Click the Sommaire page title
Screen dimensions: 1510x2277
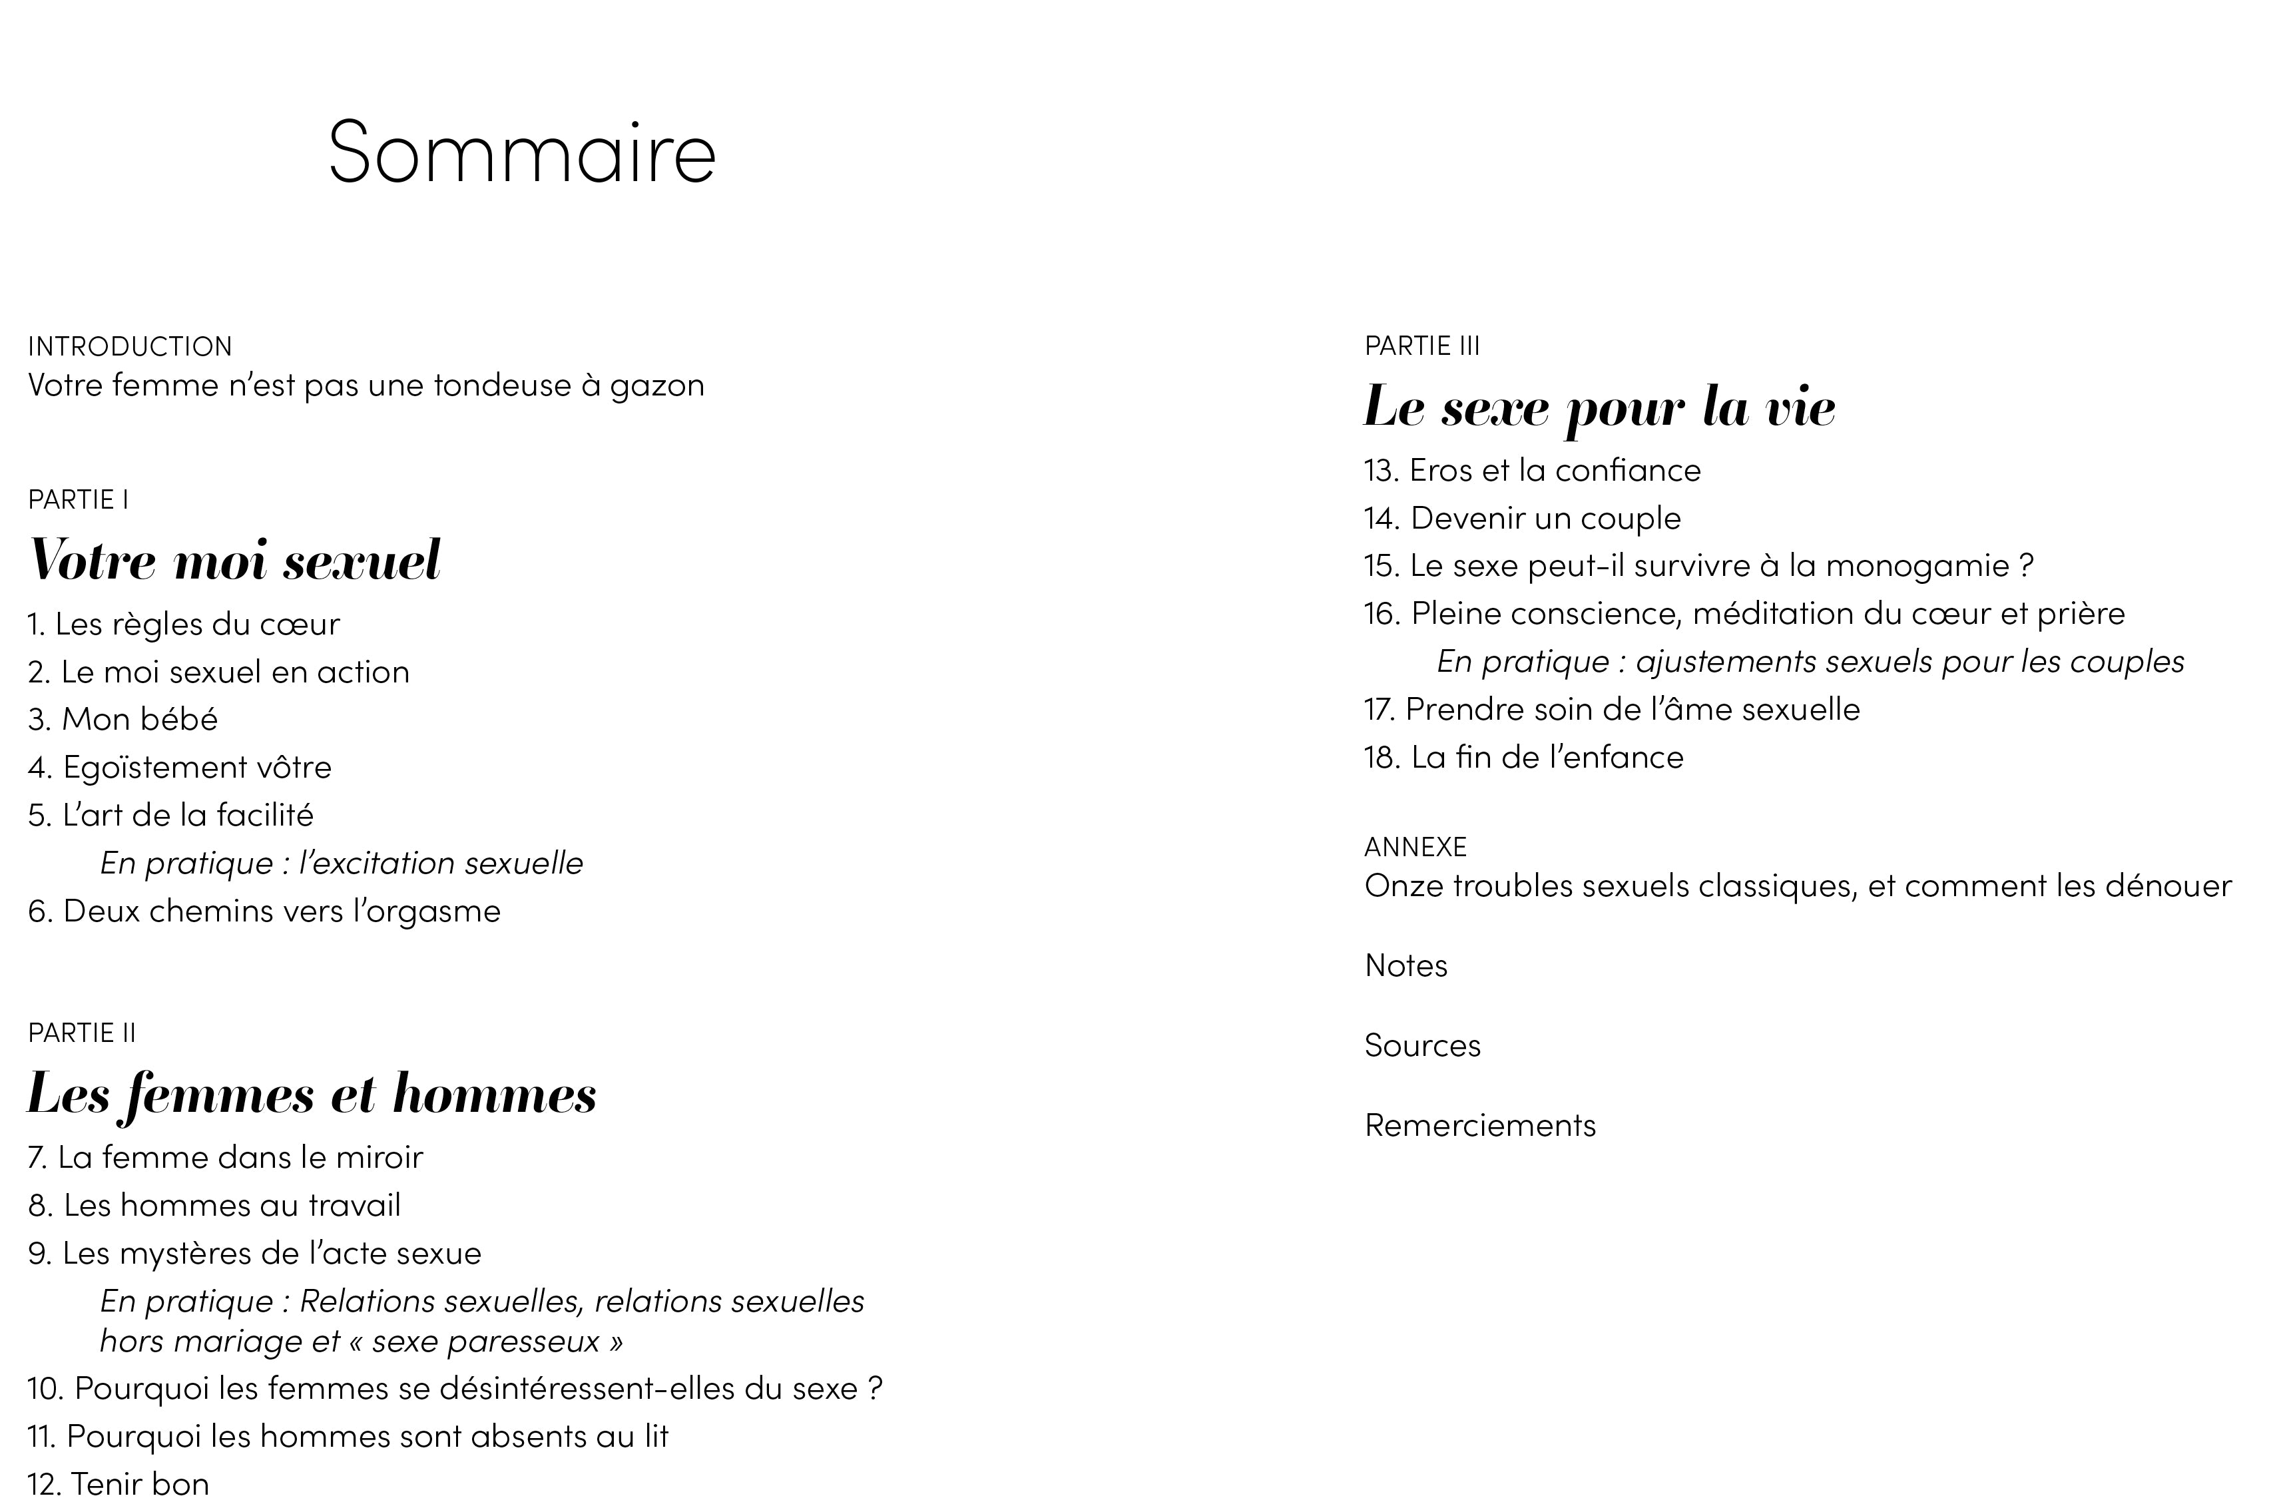pyautogui.click(x=522, y=152)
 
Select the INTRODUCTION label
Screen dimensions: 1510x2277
pyautogui.click(x=130, y=346)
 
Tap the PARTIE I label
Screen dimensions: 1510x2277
pyautogui.click(x=78, y=499)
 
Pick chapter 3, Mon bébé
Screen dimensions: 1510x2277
pyautogui.click(x=123, y=719)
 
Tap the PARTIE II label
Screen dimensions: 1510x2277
pyautogui.click(x=82, y=1033)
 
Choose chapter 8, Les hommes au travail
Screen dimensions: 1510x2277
pyautogui.click(x=214, y=1204)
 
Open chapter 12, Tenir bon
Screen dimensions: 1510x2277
pyautogui.click(x=119, y=1484)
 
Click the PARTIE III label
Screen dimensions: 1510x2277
pyautogui.click(x=1422, y=345)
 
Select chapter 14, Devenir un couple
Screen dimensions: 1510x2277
pyautogui.click(x=1522, y=518)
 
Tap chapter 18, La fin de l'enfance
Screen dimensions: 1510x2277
pyautogui.click(x=1524, y=757)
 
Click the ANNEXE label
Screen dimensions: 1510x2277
pyautogui.click(x=1415, y=846)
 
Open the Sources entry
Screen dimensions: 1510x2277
pyautogui.click(x=1422, y=1045)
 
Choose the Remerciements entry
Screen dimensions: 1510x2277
pyautogui.click(x=1480, y=1125)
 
